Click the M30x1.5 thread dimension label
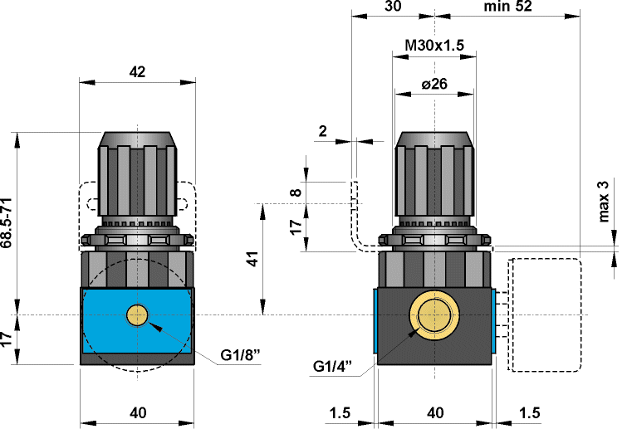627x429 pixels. pos(434,45)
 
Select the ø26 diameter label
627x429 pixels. pos(434,84)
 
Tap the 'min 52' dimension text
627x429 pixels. pos(508,7)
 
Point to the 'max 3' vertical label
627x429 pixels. pos(604,201)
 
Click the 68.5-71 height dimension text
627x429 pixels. pos(7,223)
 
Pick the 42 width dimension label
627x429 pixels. pos(137,72)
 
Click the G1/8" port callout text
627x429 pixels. pos(240,354)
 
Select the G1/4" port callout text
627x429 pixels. pos(332,366)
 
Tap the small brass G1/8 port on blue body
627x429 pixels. pos(137,315)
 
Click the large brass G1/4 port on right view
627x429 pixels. pos(434,315)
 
